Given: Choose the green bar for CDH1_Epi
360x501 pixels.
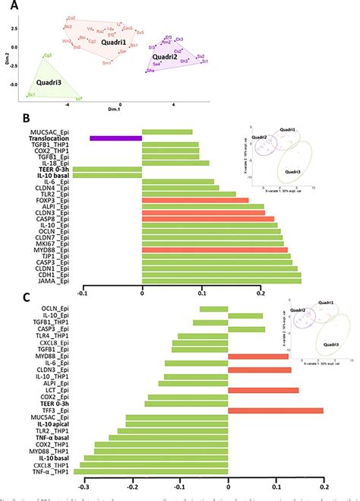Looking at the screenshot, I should click(x=222, y=274).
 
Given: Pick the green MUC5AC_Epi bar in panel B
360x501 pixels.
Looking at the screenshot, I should click(x=167, y=132).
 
